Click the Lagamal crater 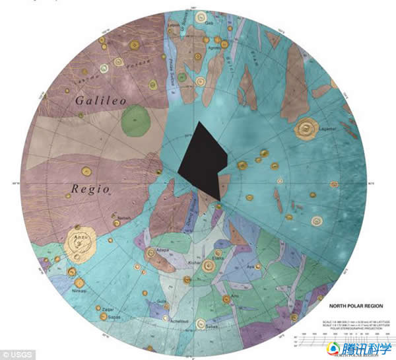(x=308, y=130)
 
